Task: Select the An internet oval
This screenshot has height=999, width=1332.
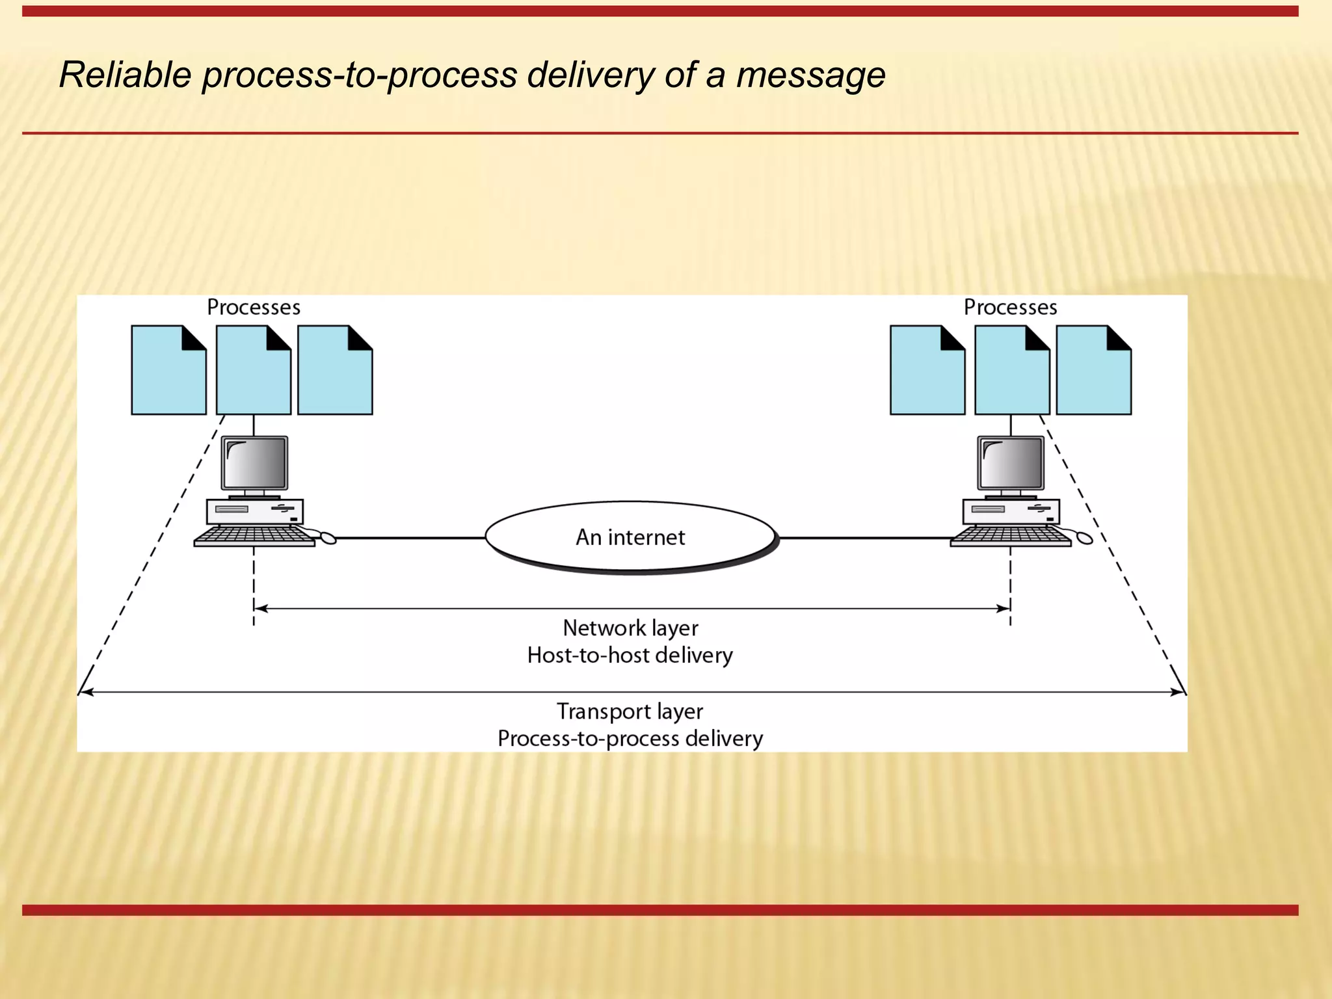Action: tap(630, 537)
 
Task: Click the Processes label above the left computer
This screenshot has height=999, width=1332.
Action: tap(254, 307)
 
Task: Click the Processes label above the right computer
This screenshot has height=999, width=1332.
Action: tap(1010, 307)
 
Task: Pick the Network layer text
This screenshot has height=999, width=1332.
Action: tap(630, 628)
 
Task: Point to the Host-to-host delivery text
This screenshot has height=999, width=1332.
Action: tap(630, 655)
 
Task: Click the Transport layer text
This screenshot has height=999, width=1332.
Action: tap(630, 712)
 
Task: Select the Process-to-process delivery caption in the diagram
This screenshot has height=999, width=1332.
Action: tap(630, 739)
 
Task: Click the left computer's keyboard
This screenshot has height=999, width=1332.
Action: tap(254, 536)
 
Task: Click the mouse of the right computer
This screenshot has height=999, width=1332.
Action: tap(1084, 538)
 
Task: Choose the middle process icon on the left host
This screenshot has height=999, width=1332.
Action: tap(253, 371)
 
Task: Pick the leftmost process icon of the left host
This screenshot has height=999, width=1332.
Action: tap(168, 371)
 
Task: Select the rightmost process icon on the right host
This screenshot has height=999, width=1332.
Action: tap(1093, 371)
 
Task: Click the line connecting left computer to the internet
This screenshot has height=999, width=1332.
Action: tap(410, 538)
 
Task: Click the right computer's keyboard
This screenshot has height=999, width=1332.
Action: tap(1010, 536)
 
